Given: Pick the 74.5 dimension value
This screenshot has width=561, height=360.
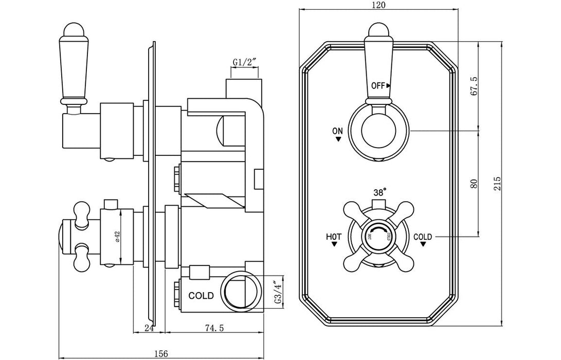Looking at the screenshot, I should coord(213,328).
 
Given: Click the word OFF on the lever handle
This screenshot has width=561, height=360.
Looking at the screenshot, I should coord(378,85).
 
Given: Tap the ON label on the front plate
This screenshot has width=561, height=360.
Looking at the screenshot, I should coord(337,131).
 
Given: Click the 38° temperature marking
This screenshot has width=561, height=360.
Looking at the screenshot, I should coord(379,192).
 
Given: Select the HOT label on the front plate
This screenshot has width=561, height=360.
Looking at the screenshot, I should coord(334,237).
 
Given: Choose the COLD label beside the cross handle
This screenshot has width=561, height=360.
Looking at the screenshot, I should coord(423,237).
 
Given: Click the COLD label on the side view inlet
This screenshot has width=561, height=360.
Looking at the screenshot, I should coord(202,296).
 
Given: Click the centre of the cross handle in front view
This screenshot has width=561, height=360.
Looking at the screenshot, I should coord(378,236).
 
